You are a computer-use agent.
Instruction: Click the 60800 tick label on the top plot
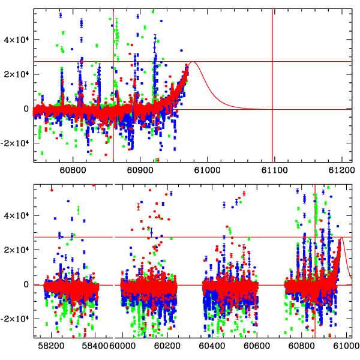pos(73,170)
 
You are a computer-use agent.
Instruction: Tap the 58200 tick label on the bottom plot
pos(50,346)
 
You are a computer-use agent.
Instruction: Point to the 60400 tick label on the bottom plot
pos(212,346)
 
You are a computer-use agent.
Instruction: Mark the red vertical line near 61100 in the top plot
pos(273,84)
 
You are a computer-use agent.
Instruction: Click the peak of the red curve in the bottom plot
pos(342,238)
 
